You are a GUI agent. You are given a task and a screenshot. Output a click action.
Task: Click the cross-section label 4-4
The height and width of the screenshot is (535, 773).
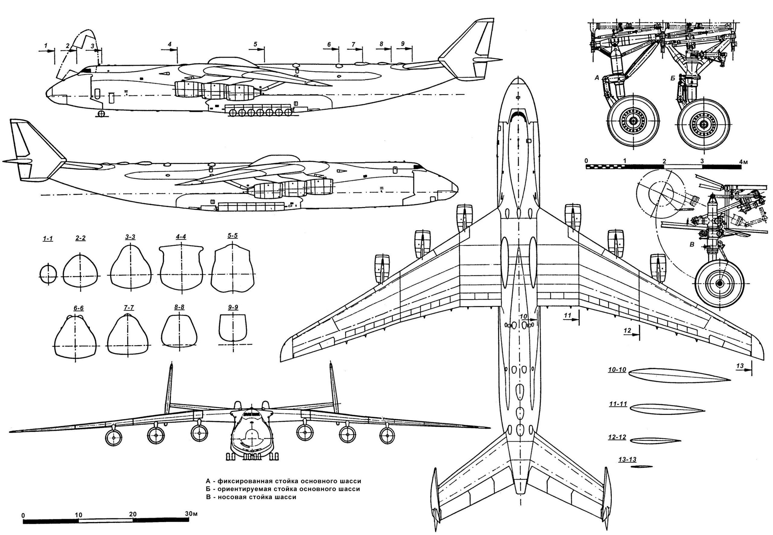point(181,237)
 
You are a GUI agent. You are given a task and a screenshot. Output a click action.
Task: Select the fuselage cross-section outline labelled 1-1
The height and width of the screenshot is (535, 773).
point(48,274)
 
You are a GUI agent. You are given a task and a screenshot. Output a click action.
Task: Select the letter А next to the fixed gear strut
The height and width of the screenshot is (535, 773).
point(596,78)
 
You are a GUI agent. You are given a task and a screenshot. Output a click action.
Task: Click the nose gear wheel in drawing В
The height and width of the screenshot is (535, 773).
point(719,283)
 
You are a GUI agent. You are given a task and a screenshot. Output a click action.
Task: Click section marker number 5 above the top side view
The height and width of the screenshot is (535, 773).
point(255,44)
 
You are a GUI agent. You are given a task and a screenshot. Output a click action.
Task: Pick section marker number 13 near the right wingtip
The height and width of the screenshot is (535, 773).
point(740,366)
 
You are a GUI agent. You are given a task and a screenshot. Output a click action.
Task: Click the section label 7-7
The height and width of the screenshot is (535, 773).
point(129,307)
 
